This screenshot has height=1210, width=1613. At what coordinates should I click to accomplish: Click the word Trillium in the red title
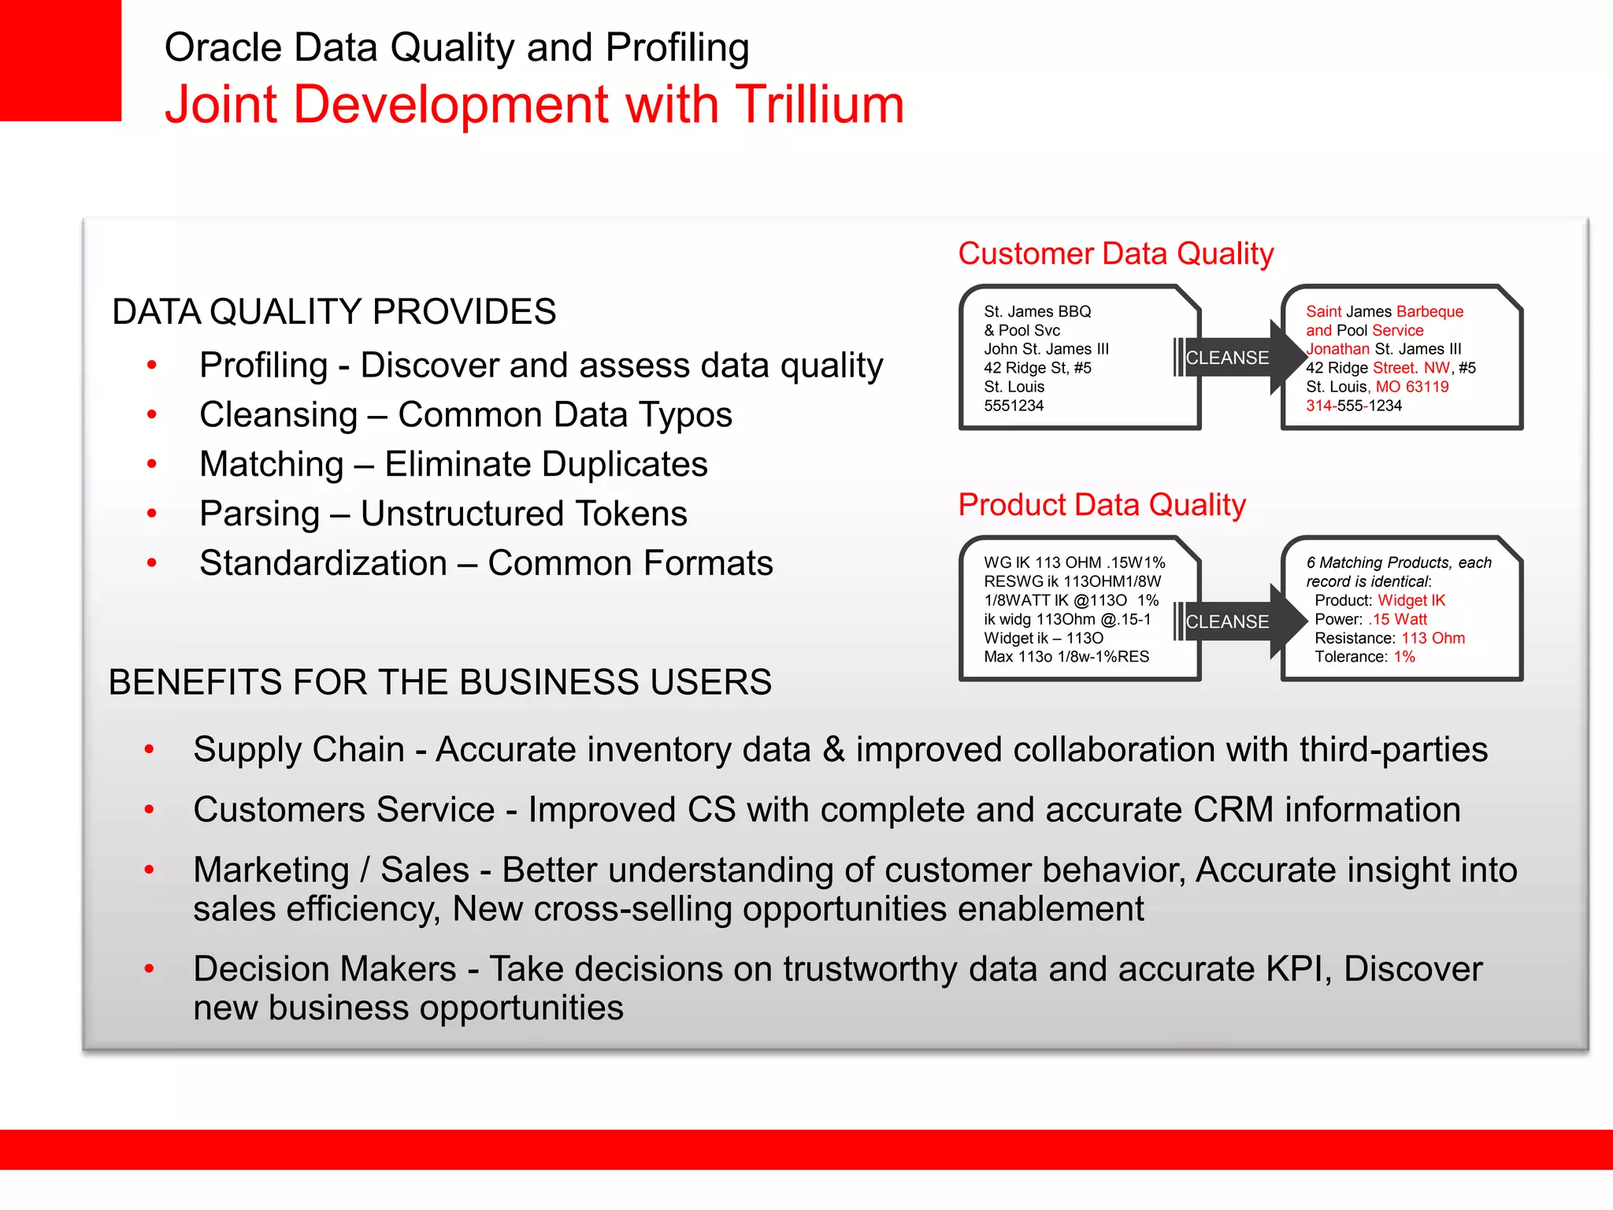[819, 105]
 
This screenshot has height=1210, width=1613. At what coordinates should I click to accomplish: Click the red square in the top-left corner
[60, 60]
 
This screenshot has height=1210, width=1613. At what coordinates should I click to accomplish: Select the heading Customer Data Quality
[1115, 254]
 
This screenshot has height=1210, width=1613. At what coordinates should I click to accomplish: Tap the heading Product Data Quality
[1101, 505]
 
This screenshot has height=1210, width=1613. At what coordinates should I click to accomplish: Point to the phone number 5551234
[1014, 406]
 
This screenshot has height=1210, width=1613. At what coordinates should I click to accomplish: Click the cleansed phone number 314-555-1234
[1353, 406]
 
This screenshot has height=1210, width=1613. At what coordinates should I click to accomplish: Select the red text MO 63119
[1411, 387]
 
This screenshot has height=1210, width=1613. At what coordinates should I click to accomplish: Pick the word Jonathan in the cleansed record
[1337, 349]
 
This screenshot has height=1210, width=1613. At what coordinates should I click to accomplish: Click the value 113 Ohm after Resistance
[1433, 638]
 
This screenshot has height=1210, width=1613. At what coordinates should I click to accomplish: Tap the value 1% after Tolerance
[1403, 657]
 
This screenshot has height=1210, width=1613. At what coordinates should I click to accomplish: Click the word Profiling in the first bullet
[263, 366]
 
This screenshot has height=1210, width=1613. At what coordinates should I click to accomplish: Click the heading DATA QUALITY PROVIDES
[334, 312]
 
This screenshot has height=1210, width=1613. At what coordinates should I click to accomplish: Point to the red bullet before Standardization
[152, 563]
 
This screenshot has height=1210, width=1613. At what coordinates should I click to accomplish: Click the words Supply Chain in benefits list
[298, 749]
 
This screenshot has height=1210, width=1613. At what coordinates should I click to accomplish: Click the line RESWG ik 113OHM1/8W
[1072, 581]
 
